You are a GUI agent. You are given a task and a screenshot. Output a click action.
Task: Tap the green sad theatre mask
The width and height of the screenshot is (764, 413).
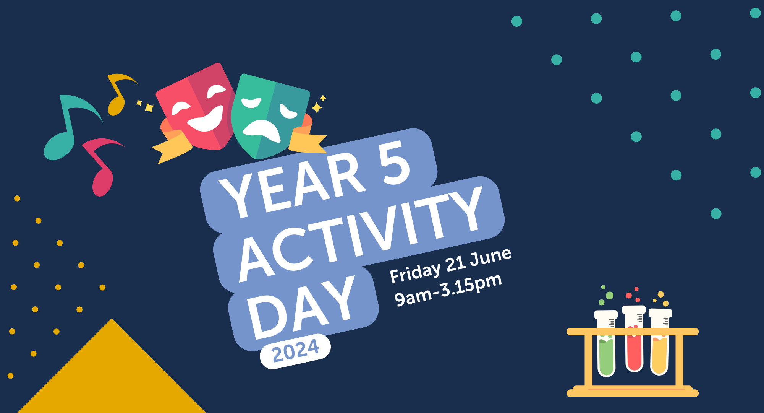click(x=269, y=115)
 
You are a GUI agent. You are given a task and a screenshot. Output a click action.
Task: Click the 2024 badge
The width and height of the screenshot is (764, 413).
click(x=295, y=351)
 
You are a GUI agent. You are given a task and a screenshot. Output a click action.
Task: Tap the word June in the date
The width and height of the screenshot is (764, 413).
click(x=491, y=256)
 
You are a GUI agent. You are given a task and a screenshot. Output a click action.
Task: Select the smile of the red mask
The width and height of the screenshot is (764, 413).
click(x=206, y=120)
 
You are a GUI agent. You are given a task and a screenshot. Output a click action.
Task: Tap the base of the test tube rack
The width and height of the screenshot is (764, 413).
click(x=632, y=392)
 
